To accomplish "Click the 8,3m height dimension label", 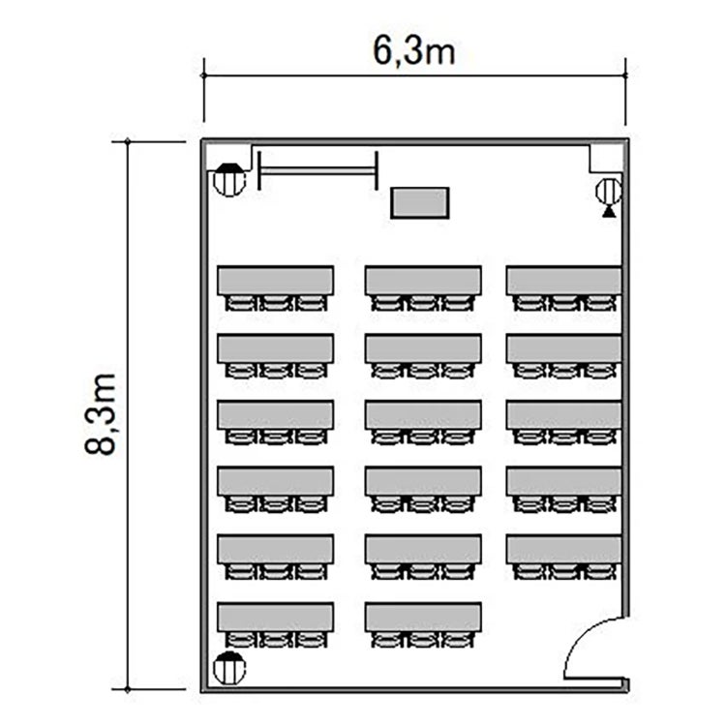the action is (x=100, y=413).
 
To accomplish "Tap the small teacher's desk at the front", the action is (x=420, y=203).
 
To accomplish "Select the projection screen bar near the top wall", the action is (x=318, y=170).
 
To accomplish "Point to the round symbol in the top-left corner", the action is (x=229, y=180).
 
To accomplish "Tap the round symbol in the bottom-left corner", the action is (x=229, y=668).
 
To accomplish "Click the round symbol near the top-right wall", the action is (x=609, y=191).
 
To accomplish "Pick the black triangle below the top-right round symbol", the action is (x=609, y=212).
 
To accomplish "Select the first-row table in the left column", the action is (x=276, y=280).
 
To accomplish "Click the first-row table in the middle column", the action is (x=423, y=280).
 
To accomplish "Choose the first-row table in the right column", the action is (x=563, y=280).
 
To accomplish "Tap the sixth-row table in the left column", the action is (x=276, y=618).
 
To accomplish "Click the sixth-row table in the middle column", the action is (x=423, y=618).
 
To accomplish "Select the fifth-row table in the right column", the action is (x=563, y=550).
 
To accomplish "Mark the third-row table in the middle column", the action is (x=423, y=415).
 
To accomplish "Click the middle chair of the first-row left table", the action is (x=276, y=303).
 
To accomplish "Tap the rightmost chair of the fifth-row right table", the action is (x=600, y=572).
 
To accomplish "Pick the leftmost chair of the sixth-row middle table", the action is (x=387, y=640).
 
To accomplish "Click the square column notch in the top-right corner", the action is (x=606, y=159).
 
